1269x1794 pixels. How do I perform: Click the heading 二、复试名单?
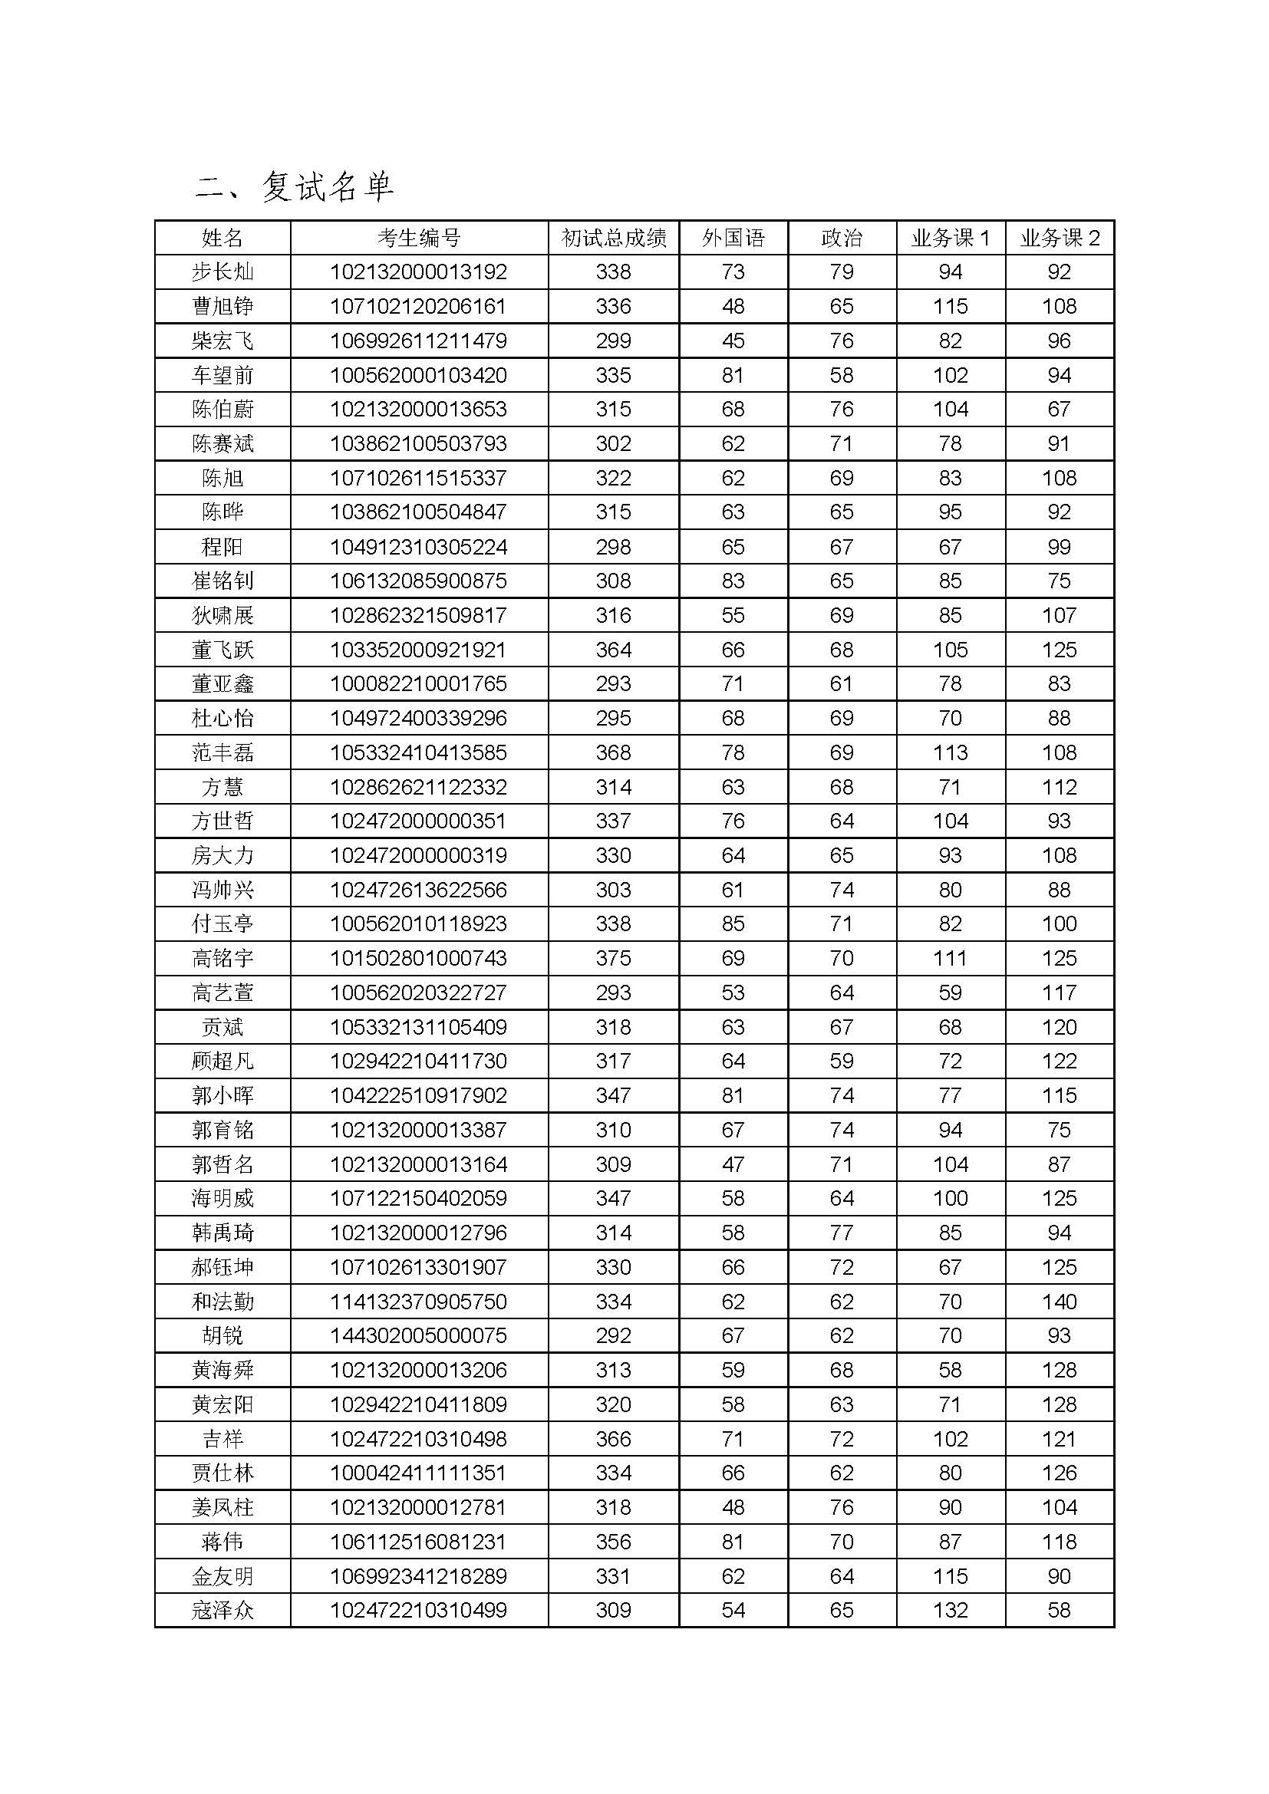pyautogui.click(x=295, y=186)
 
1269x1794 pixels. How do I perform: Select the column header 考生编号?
pyautogui.click(x=419, y=238)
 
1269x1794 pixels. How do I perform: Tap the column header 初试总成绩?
pyautogui.click(x=614, y=238)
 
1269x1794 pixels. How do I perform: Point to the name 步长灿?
pyautogui.click(x=222, y=272)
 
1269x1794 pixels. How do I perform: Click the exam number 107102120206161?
pyautogui.click(x=419, y=306)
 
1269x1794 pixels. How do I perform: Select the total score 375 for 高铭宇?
pyautogui.click(x=614, y=958)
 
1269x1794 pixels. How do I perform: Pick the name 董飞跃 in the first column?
pyautogui.click(x=222, y=650)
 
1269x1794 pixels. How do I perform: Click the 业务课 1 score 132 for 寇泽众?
pyautogui.click(x=950, y=1611)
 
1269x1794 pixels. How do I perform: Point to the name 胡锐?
pyautogui.click(x=222, y=1335)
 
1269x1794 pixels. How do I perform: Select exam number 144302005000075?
pyautogui.click(x=419, y=1335)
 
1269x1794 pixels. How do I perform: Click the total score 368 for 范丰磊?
pyautogui.click(x=614, y=752)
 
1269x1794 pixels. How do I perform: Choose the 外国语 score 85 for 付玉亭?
pyautogui.click(x=733, y=923)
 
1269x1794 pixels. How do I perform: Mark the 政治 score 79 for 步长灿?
pyautogui.click(x=842, y=272)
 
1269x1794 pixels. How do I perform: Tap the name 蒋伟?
pyautogui.click(x=222, y=1542)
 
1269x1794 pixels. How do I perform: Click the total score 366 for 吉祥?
pyautogui.click(x=614, y=1438)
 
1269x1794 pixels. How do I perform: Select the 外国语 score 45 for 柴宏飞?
pyautogui.click(x=733, y=341)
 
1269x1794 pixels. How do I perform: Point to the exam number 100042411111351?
pyautogui.click(x=419, y=1473)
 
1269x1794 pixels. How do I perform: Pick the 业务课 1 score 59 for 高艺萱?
pyautogui.click(x=950, y=992)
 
